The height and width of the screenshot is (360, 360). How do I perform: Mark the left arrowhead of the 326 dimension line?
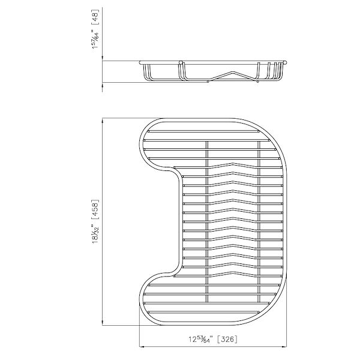click(x=142, y=346)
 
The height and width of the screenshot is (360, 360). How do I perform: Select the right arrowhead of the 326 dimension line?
click(x=289, y=346)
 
